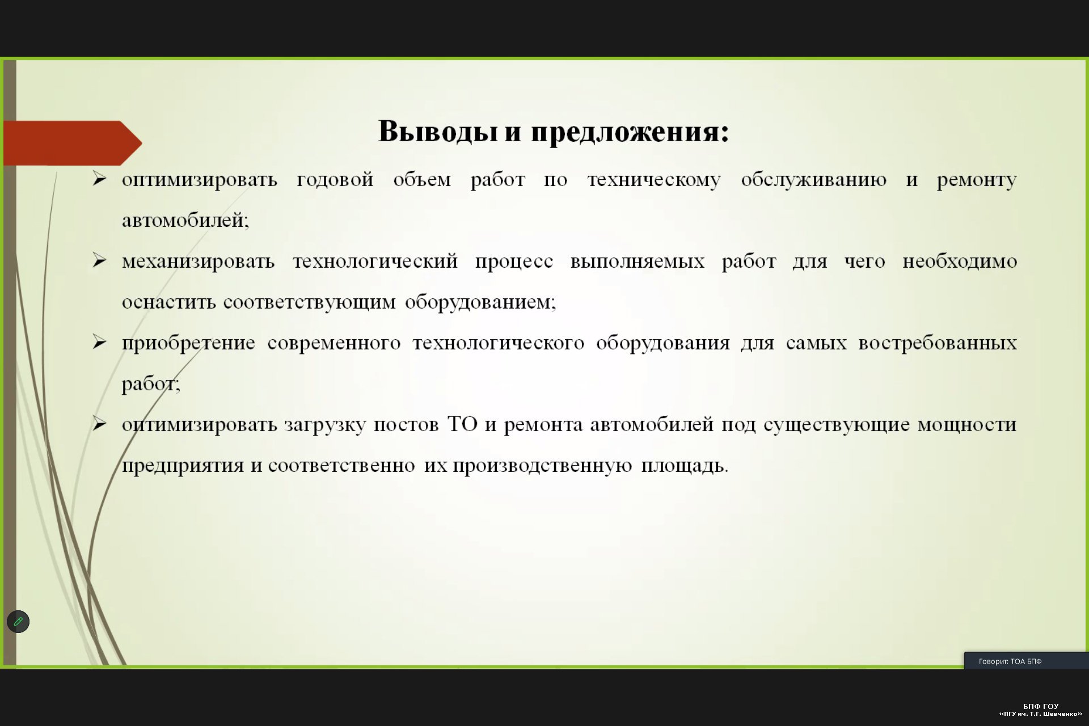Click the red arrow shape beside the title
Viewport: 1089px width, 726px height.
tap(73, 143)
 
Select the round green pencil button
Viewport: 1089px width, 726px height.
tap(18, 622)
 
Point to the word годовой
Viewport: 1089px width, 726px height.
tap(335, 180)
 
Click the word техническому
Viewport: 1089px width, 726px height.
tap(654, 180)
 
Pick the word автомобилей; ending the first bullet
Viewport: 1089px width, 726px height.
tap(185, 220)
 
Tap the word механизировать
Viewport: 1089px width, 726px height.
tap(199, 261)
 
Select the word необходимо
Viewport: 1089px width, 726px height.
tap(960, 261)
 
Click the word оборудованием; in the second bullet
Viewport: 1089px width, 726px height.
tap(480, 302)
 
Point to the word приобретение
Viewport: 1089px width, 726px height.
tap(188, 343)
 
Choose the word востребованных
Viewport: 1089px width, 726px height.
tap(938, 343)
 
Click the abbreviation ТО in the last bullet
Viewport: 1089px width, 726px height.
tap(463, 424)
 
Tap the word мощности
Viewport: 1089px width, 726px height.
tap(967, 425)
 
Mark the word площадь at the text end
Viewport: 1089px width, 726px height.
tap(685, 466)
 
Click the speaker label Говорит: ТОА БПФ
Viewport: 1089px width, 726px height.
tap(1010, 661)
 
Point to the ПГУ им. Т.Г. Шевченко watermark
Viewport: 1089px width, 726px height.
tap(1041, 714)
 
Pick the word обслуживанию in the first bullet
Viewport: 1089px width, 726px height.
tap(813, 180)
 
